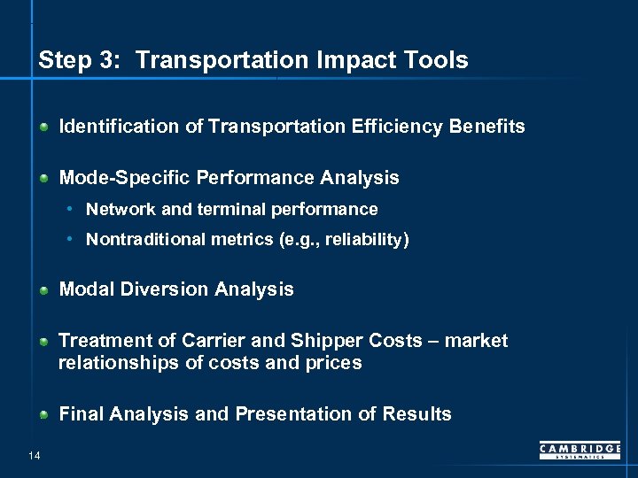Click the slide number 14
coord(34,456)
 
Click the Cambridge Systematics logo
coord(580,451)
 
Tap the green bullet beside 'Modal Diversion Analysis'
coord(44,290)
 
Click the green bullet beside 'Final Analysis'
coord(44,415)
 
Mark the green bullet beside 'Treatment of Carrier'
coord(44,342)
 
